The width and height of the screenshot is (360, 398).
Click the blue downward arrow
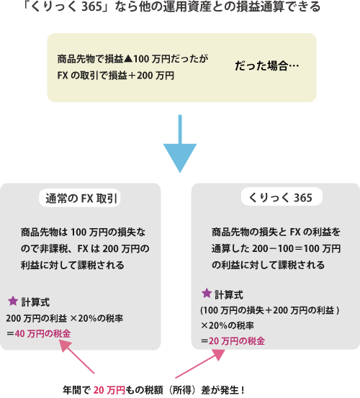[180, 144]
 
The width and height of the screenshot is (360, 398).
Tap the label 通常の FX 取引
[81, 199]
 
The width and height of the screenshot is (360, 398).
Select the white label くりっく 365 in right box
[281, 197]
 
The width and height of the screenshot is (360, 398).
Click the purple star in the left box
[13, 301]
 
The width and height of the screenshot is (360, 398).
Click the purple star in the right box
[207, 293]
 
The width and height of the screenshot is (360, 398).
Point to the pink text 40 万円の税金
[42, 334]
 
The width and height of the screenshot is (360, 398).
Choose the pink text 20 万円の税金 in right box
[237, 341]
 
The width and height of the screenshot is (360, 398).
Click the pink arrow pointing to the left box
[76, 357]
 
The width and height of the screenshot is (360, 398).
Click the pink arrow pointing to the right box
[200, 364]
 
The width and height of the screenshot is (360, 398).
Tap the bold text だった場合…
[267, 66]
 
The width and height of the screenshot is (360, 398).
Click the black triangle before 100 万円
[128, 59]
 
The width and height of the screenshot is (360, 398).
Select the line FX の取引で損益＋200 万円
[116, 76]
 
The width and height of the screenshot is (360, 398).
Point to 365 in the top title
[92, 7]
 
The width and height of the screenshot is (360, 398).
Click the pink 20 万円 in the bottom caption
[109, 390]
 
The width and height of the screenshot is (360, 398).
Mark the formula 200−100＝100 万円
[297, 248]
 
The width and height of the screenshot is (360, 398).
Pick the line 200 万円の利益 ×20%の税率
[65, 318]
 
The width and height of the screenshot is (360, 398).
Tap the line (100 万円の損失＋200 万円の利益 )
[270, 310]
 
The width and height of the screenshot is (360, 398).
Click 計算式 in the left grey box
[35, 302]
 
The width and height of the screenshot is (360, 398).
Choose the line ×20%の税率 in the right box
[228, 325]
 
